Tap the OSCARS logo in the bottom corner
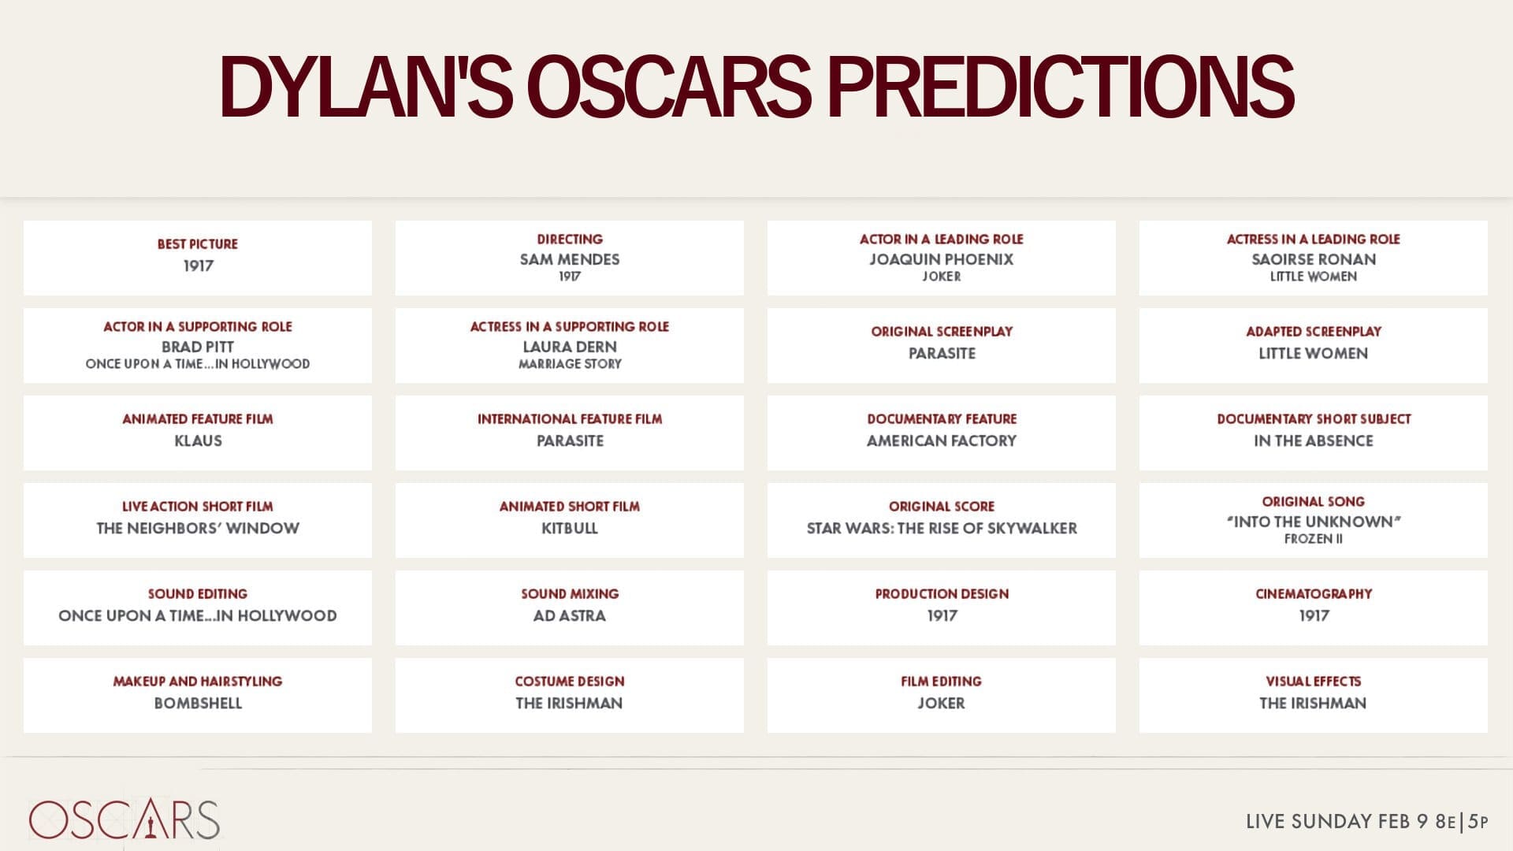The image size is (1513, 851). tap(125, 819)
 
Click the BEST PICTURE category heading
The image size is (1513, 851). tap(197, 244)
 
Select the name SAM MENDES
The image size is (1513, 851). tap(570, 259)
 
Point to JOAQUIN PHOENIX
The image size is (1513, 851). tap(942, 259)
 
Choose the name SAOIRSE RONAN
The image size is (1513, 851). tap(1314, 259)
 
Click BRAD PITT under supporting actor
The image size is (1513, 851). tap(197, 347)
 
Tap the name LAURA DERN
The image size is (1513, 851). tap(570, 347)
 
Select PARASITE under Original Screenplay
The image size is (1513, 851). tap(942, 353)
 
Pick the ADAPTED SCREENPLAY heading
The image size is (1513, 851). tap(1314, 332)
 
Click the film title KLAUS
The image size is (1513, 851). tap(198, 440)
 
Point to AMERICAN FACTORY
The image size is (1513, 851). tap(942, 440)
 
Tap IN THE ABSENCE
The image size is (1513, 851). tap(1314, 440)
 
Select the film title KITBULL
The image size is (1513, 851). tap(570, 528)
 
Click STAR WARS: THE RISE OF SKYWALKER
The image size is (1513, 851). tap(942, 528)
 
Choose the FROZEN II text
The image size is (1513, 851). tap(1314, 539)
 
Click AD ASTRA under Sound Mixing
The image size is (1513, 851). tap(570, 615)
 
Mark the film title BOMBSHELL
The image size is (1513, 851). tap(198, 703)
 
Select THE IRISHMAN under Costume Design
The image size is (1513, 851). tap(569, 703)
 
